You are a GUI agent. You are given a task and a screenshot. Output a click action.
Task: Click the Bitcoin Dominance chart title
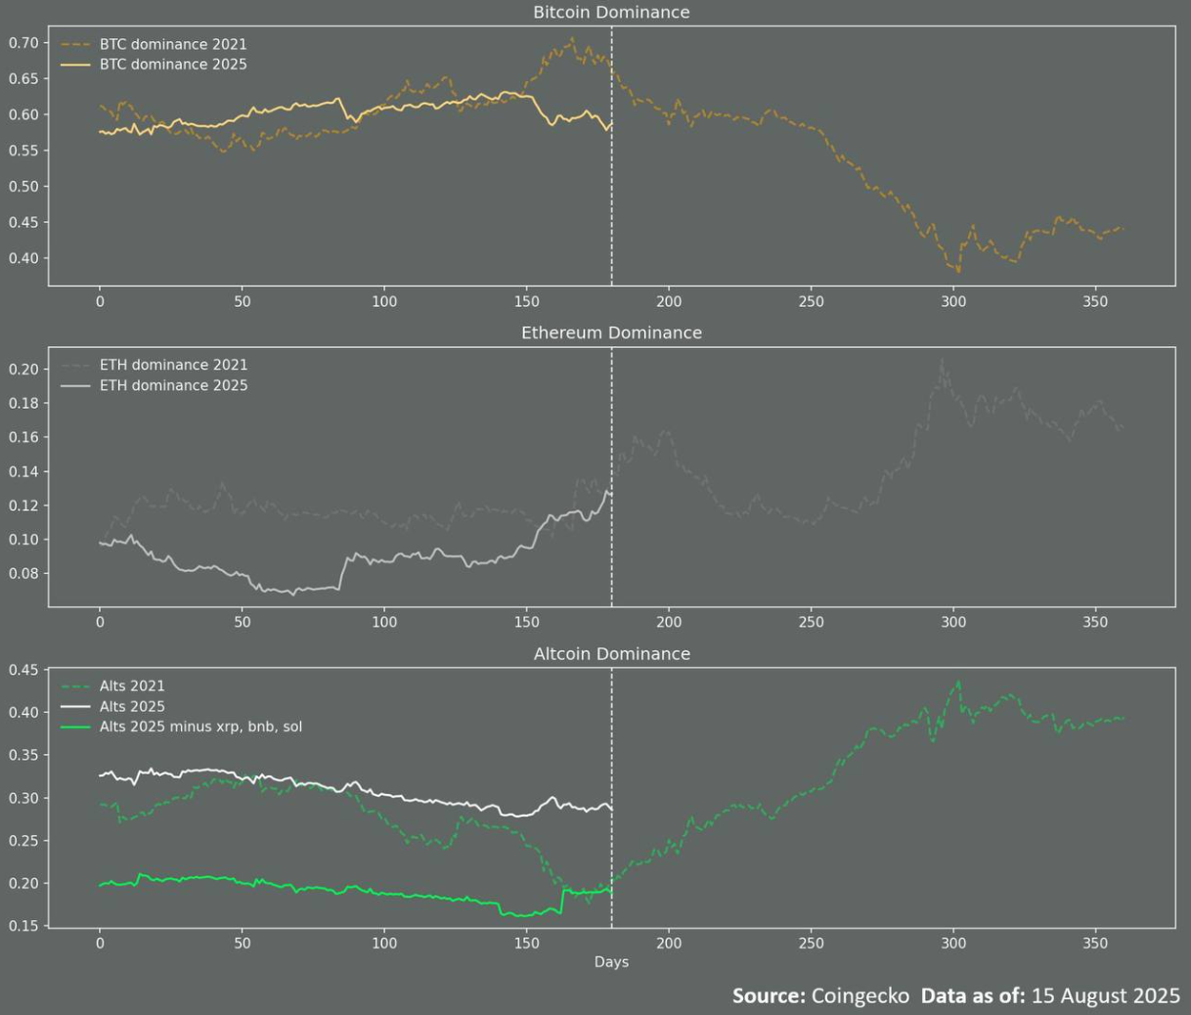tap(611, 13)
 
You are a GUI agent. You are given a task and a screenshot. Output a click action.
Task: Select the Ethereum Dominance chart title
tap(611, 332)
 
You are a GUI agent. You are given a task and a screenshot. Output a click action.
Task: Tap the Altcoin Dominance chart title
tap(611, 654)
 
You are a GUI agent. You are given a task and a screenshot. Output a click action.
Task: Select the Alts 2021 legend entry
tap(132, 686)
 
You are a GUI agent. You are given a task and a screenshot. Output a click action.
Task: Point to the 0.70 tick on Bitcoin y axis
tap(23, 43)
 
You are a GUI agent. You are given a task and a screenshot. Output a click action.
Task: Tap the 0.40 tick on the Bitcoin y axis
tap(23, 258)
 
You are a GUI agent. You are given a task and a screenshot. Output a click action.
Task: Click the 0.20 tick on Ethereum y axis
tap(23, 370)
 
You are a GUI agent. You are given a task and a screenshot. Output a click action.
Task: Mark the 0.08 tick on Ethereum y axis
tap(23, 574)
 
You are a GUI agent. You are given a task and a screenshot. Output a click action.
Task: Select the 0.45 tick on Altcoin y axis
tap(23, 670)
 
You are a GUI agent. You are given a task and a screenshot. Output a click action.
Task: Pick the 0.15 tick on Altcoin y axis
tap(23, 926)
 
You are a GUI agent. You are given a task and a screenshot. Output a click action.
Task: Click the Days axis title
tap(611, 962)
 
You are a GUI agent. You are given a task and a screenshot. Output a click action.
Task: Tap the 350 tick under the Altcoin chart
tap(1095, 944)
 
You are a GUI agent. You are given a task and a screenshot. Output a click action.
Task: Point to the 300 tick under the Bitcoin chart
tap(953, 302)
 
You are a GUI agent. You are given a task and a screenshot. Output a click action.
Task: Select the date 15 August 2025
tap(1106, 995)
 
